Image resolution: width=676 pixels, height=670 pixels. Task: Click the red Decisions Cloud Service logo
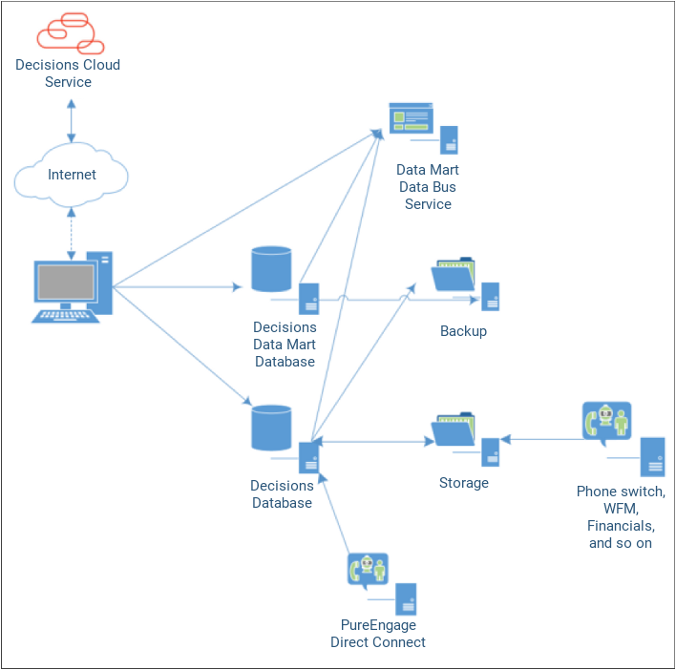pos(69,33)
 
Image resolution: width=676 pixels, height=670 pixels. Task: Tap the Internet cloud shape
pos(72,175)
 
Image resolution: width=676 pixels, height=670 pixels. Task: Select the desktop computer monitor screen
pos(66,283)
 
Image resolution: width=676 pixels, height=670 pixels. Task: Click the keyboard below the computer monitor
pos(66,315)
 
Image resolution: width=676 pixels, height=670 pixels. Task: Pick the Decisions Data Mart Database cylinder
pos(271,269)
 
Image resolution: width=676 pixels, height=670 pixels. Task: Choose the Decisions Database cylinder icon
pos(271,428)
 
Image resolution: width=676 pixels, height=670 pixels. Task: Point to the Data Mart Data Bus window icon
pos(412,119)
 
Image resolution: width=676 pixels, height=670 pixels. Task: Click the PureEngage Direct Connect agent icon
pos(368,570)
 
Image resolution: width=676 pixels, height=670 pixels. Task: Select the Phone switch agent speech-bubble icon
pos(606,422)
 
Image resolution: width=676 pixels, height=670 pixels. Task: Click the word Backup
pos(463,331)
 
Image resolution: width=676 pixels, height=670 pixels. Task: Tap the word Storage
pos(463,483)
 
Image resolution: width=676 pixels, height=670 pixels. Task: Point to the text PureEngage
pos(378,625)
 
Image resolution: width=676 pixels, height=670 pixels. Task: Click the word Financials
pos(621,526)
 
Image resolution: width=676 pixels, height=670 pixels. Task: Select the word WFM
pos(621,509)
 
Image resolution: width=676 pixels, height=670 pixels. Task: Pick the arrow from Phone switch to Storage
pos(541,440)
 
